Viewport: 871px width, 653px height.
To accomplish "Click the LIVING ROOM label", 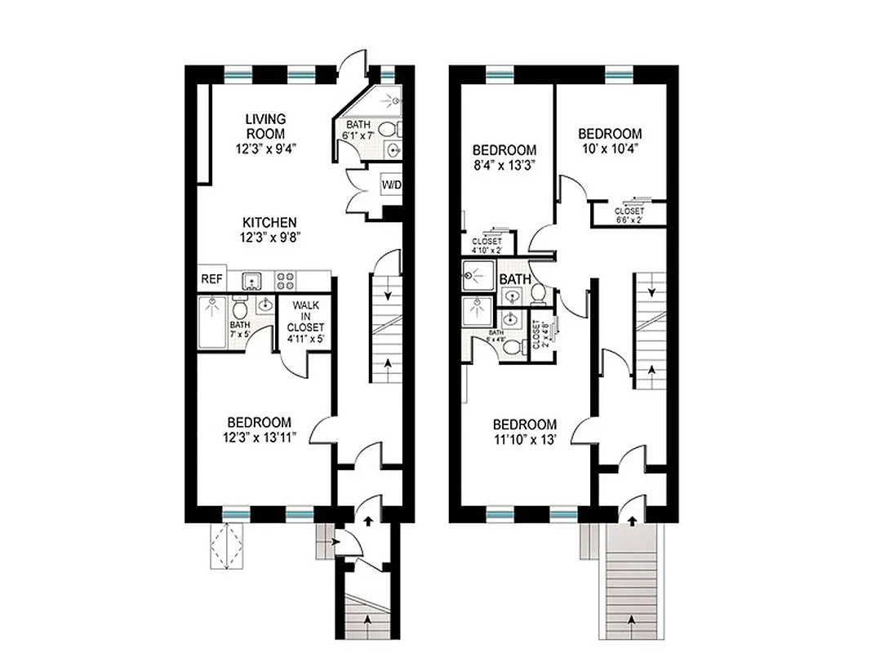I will (x=265, y=127).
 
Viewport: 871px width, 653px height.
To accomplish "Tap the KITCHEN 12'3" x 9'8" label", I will (x=269, y=229).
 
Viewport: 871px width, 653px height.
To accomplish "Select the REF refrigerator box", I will (x=211, y=279).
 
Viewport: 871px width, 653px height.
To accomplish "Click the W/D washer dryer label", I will (x=392, y=185).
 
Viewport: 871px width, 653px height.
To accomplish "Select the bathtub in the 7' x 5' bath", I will (x=213, y=323).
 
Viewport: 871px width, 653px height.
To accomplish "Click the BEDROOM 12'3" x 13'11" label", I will (x=259, y=429).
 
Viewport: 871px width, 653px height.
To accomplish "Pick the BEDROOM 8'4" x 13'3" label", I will (x=504, y=158).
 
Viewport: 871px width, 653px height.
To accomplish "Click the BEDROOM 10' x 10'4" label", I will (x=610, y=140).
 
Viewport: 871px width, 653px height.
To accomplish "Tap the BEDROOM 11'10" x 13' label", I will (x=525, y=432).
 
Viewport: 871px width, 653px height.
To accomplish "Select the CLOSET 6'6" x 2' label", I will (x=629, y=214).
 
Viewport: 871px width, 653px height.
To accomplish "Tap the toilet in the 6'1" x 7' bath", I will (x=390, y=128).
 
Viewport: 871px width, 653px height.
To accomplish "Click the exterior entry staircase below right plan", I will (x=633, y=584).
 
